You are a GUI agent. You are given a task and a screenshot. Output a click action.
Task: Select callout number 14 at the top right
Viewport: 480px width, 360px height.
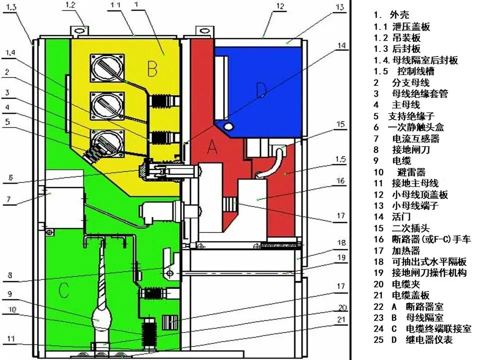pos(341,46)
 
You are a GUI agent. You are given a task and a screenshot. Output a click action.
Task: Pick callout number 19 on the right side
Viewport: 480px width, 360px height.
pos(340,258)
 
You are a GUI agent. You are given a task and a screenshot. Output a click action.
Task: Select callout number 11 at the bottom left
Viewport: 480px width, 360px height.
pos(12,344)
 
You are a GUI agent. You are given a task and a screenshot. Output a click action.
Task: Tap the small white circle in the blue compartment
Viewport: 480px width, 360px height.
pos(229,124)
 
